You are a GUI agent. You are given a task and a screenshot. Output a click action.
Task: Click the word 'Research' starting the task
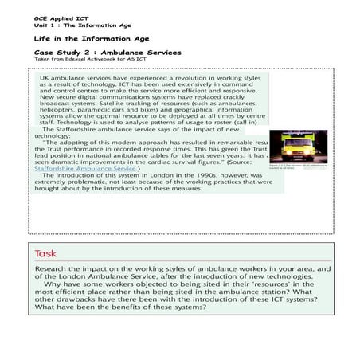[x=55, y=271]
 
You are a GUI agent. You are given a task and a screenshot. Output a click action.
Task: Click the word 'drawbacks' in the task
[x=84, y=301]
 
